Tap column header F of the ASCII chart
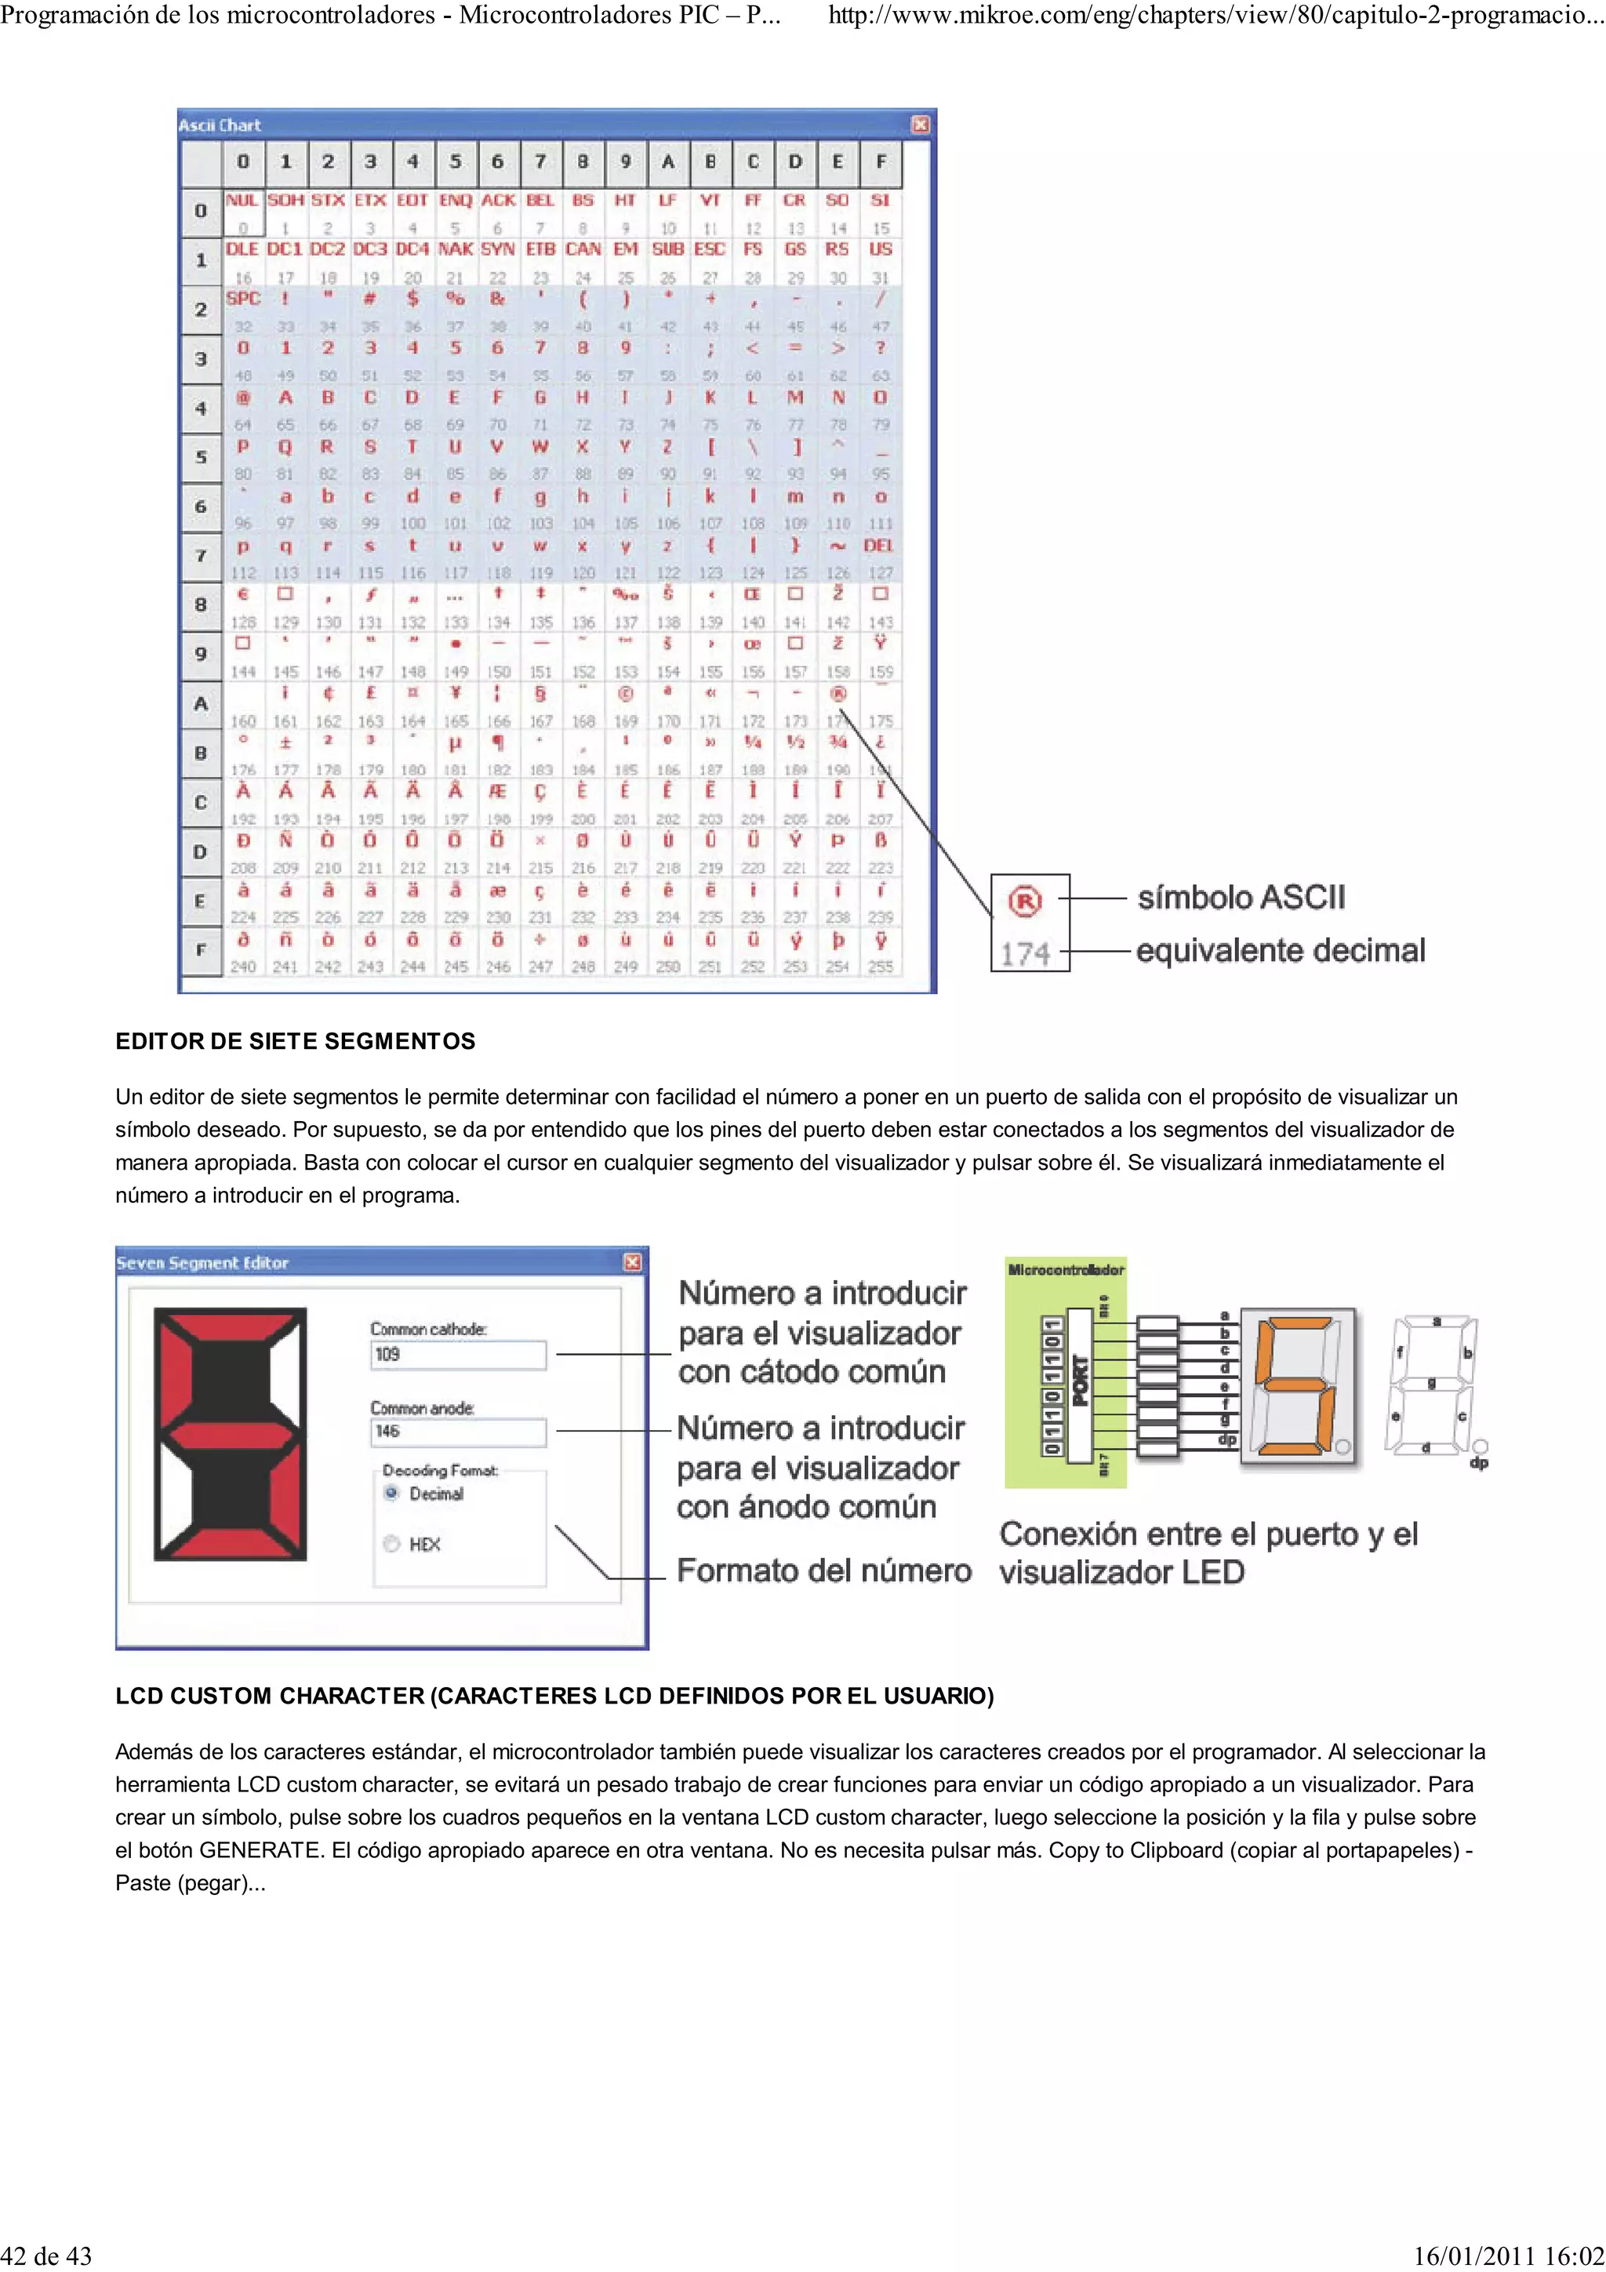pyautogui.click(x=880, y=162)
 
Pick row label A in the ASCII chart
pyautogui.click(x=201, y=703)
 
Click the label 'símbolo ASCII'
pyautogui.click(x=1241, y=898)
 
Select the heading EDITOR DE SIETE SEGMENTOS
pyautogui.click(x=295, y=1041)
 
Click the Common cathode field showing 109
pyautogui.click(x=457, y=1355)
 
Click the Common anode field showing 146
pyautogui.click(x=457, y=1432)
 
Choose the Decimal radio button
pyautogui.click(x=392, y=1494)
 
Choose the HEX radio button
pyautogui.click(x=392, y=1544)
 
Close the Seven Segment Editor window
pyautogui.click(x=632, y=1263)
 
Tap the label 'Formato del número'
pyautogui.click(x=823, y=1570)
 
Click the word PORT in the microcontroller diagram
pyautogui.click(x=1080, y=1381)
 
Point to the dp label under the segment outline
pyautogui.click(x=1478, y=1463)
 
